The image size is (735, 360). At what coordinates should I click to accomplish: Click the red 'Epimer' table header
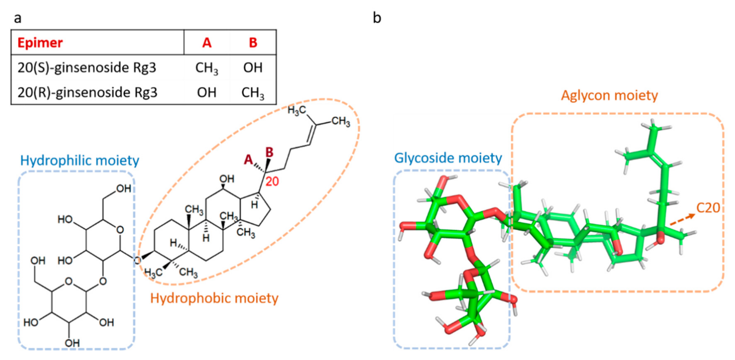click(40, 43)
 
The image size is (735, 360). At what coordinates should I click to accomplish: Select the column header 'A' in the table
click(207, 43)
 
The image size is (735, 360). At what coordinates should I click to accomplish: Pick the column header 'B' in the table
click(253, 43)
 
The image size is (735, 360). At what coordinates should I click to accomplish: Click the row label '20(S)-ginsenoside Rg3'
click(87, 68)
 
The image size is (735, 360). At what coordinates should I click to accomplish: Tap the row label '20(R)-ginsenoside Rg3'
click(87, 92)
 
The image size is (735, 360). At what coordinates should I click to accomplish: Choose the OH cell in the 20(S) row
click(253, 68)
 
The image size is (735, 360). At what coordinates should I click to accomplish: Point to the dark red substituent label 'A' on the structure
click(249, 160)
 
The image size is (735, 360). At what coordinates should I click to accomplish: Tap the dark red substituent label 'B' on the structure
click(269, 152)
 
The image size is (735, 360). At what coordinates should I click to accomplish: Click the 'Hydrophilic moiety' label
click(80, 160)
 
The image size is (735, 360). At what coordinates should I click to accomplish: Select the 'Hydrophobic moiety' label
click(214, 298)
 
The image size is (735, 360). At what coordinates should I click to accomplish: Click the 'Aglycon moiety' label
click(609, 95)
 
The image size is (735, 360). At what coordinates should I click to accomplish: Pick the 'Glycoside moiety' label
click(448, 158)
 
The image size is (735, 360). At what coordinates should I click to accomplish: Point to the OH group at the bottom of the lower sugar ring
click(72, 343)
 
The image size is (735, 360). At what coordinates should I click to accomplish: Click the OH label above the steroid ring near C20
click(227, 179)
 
